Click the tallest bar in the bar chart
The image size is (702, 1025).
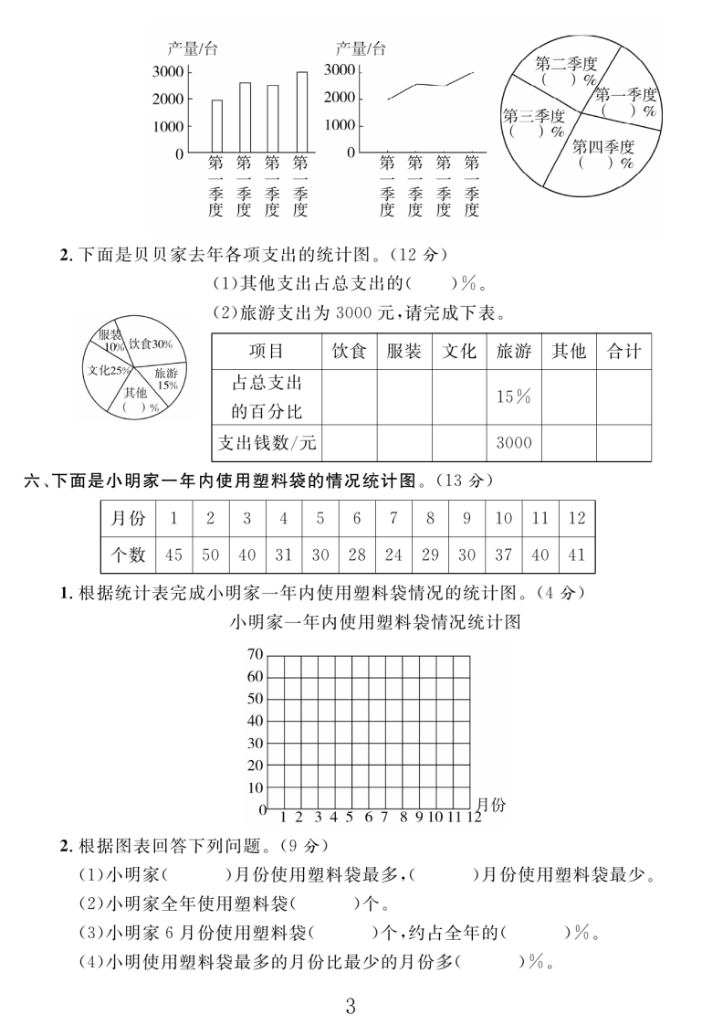click(301, 111)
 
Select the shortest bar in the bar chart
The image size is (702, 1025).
click(216, 126)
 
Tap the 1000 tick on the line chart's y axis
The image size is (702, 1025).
click(339, 124)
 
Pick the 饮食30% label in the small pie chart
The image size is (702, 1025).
click(151, 344)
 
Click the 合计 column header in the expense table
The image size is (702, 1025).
click(623, 352)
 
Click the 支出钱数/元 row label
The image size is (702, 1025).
click(267, 443)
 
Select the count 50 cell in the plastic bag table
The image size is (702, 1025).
click(210, 555)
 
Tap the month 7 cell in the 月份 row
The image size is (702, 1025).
click(393, 518)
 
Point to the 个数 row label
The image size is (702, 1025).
click(127, 555)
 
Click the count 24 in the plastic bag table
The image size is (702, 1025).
click(393, 555)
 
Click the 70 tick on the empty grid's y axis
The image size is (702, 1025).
click(254, 655)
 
